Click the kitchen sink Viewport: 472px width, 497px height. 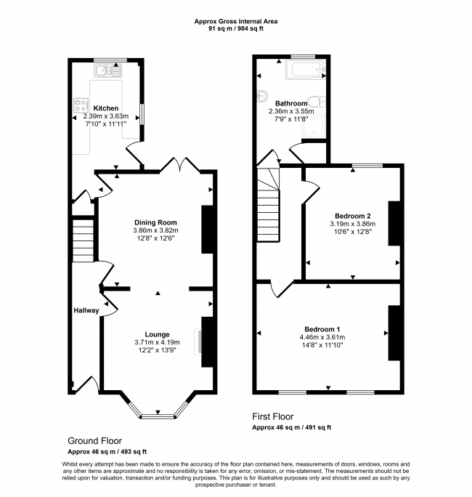[x=110, y=70]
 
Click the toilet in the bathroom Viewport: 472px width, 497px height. [x=318, y=101]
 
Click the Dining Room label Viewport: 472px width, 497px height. [x=155, y=222]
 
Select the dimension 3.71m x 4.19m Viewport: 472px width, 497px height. [x=155, y=342]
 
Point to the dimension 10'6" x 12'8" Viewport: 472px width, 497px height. [x=352, y=233]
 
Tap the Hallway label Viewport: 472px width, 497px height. [x=86, y=310]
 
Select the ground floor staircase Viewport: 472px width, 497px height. [x=84, y=240]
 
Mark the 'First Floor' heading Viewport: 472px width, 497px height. [x=272, y=416]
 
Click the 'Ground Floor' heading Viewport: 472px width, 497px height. [x=94, y=440]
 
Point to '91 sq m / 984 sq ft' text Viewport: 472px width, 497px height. [x=236, y=30]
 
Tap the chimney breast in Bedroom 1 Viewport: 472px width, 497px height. [x=394, y=333]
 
